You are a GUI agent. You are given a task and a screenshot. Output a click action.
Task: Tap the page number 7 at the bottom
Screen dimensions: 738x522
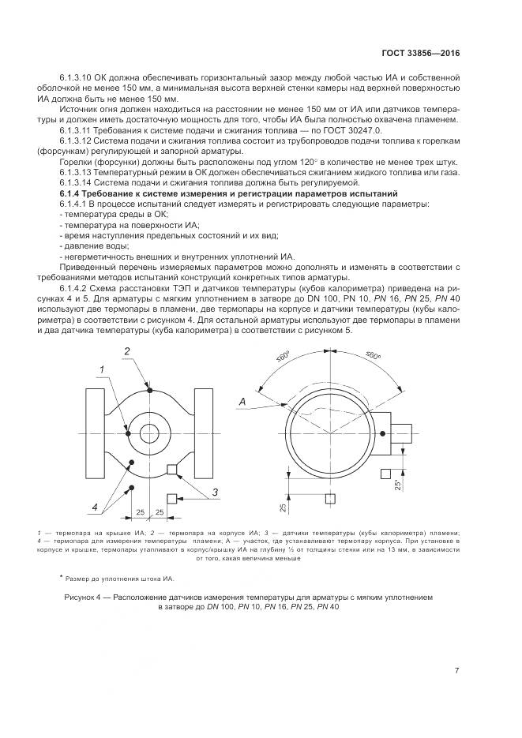(x=457, y=671)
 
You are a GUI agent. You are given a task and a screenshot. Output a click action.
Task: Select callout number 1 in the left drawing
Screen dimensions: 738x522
(x=102, y=369)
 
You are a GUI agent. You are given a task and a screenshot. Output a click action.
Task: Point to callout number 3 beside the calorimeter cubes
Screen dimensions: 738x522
(x=213, y=493)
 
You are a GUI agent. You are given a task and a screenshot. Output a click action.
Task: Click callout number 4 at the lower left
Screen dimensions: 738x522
(x=95, y=506)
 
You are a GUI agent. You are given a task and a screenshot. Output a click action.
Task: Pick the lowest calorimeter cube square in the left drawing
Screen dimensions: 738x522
(x=171, y=498)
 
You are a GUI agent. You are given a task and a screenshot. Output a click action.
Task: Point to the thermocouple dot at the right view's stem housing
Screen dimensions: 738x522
(x=382, y=433)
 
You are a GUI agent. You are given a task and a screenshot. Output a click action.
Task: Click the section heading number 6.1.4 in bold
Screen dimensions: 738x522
(x=73, y=193)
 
